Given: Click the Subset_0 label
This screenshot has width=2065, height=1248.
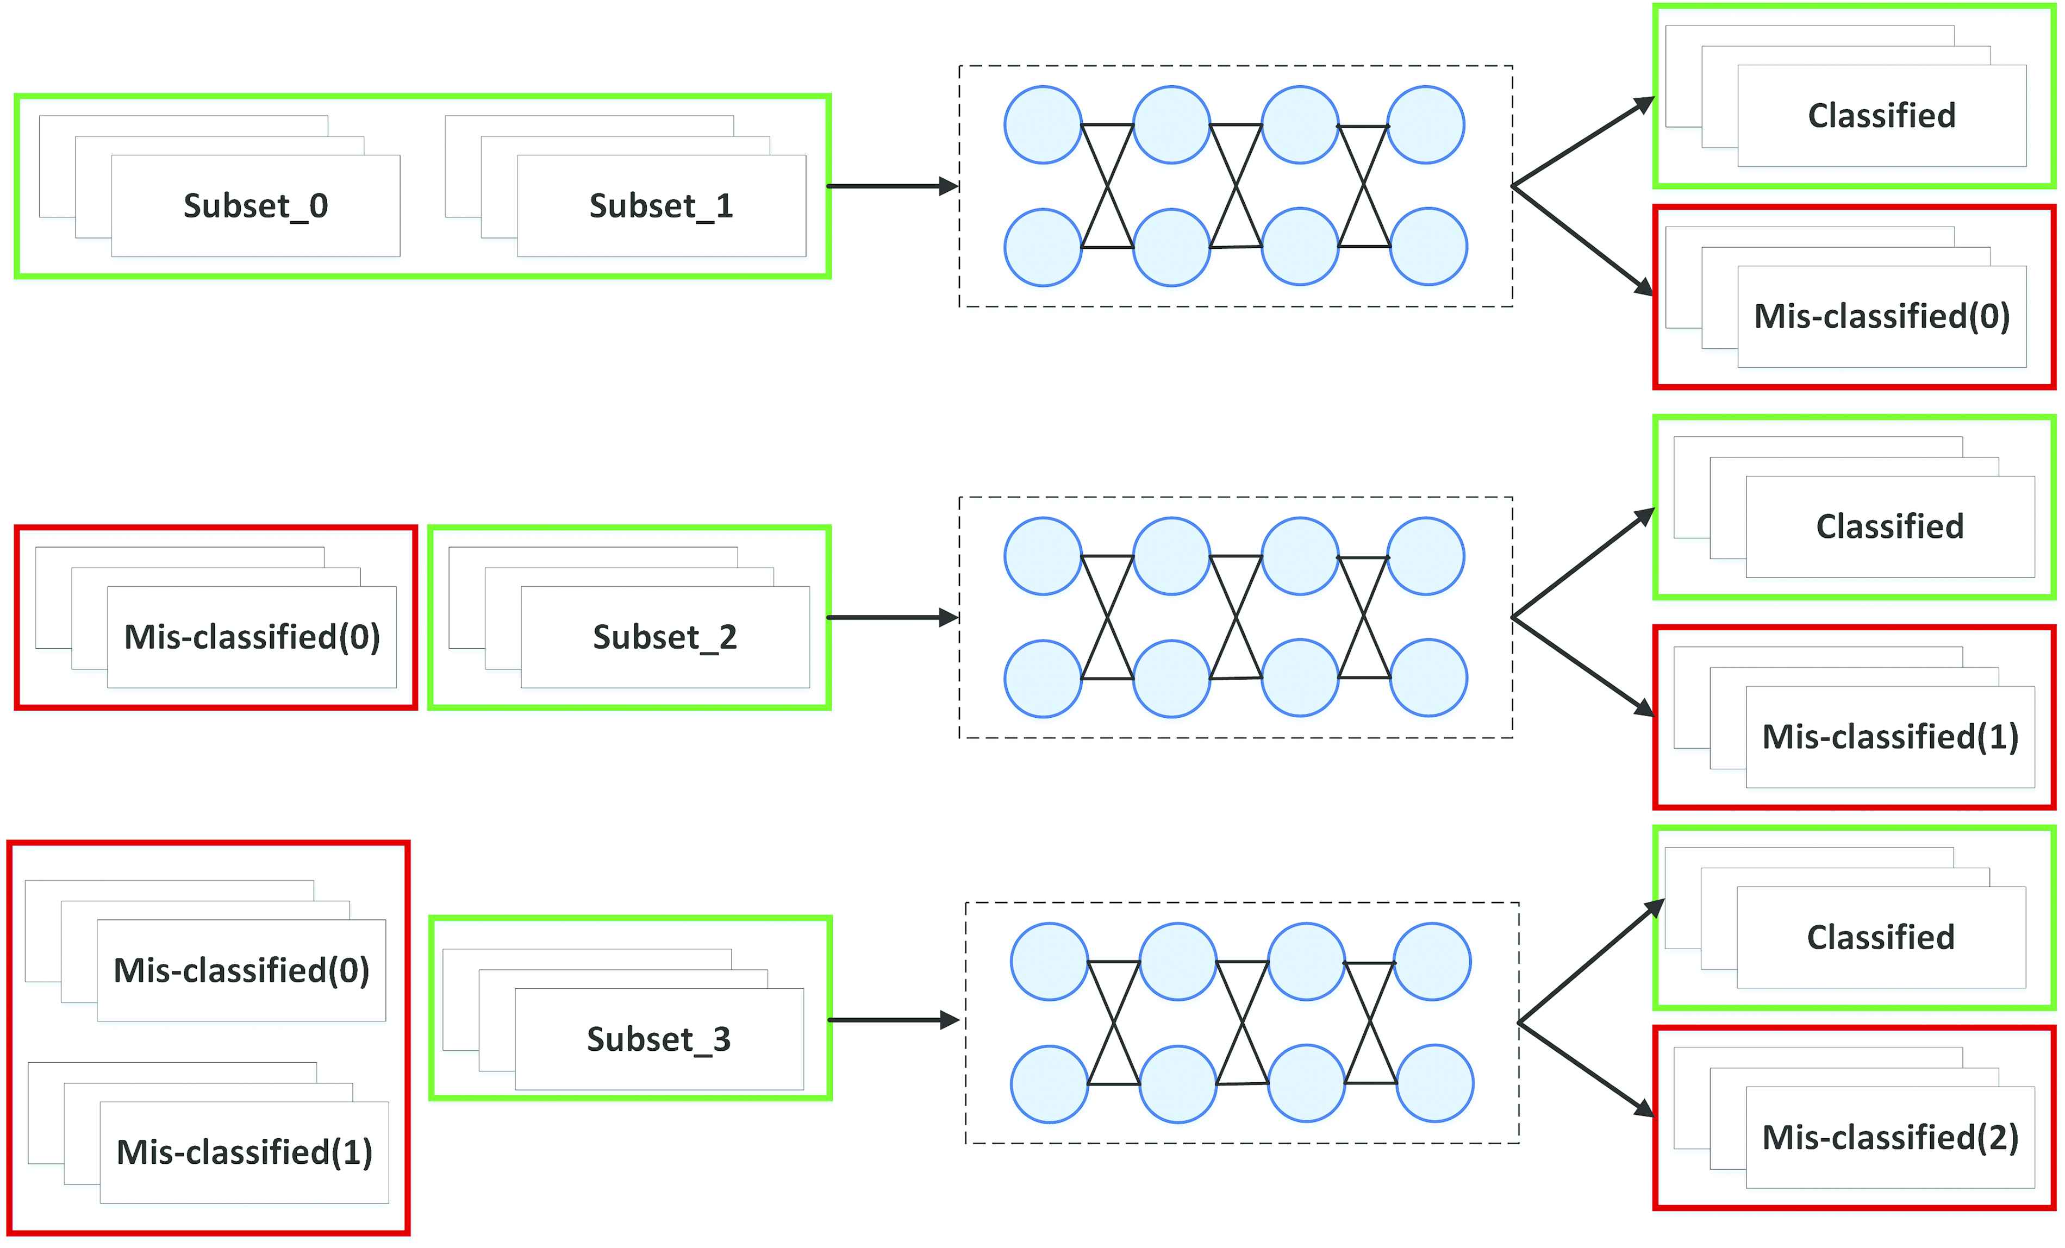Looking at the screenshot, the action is coord(255,206).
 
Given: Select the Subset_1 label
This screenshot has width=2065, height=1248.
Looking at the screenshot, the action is coord(661,206).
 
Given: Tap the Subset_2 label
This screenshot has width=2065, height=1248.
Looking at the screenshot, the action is coord(665,637).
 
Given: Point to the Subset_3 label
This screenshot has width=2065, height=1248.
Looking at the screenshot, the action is coord(659,1039).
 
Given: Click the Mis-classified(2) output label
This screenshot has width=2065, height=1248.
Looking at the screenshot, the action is coord(1890,1138).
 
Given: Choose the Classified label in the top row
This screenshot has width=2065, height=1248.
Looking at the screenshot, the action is coord(1881,116).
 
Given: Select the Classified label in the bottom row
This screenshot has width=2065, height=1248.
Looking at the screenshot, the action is coord(1881,937).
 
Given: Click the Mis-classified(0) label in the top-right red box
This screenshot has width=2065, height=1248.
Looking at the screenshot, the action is coord(1881,317).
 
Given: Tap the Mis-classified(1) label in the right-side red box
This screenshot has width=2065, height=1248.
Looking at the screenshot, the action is coord(1890,737).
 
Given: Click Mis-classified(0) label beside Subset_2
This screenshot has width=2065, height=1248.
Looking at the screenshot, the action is coord(252,637).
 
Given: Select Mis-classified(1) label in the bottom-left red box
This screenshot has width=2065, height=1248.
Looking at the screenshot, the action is coord(244,1152).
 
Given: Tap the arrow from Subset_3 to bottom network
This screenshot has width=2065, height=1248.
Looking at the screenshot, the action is coord(894,1020).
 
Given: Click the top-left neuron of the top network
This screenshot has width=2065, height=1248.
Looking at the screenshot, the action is coord(1043,125).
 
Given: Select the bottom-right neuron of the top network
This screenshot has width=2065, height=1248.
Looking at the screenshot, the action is coord(1428,247).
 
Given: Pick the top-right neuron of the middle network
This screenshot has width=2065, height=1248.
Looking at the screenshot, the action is coord(1426,556).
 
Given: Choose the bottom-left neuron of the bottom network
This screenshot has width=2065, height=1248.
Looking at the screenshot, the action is coord(1049,1084).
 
